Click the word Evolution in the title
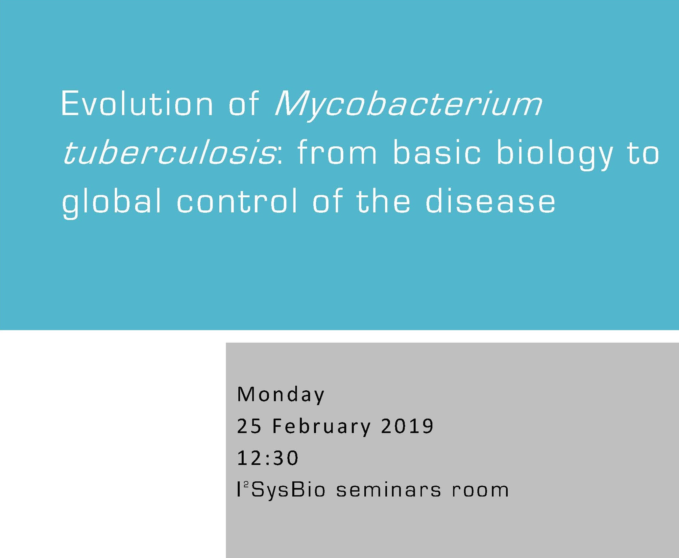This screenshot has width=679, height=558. pyautogui.click(x=137, y=104)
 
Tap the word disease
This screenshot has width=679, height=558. pyautogui.click(x=490, y=201)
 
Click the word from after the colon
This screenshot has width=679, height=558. pyautogui.click(x=337, y=153)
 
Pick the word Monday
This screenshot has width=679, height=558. pyautogui.click(x=280, y=395)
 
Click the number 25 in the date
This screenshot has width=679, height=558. pyautogui.click(x=249, y=426)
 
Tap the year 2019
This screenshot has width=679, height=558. pyautogui.click(x=407, y=426)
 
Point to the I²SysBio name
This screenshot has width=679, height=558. pyautogui.click(x=281, y=490)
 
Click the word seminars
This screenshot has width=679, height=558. pyautogui.click(x=388, y=490)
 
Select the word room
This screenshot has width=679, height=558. pyautogui.click(x=480, y=490)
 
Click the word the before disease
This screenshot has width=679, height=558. pyautogui.click(x=383, y=201)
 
